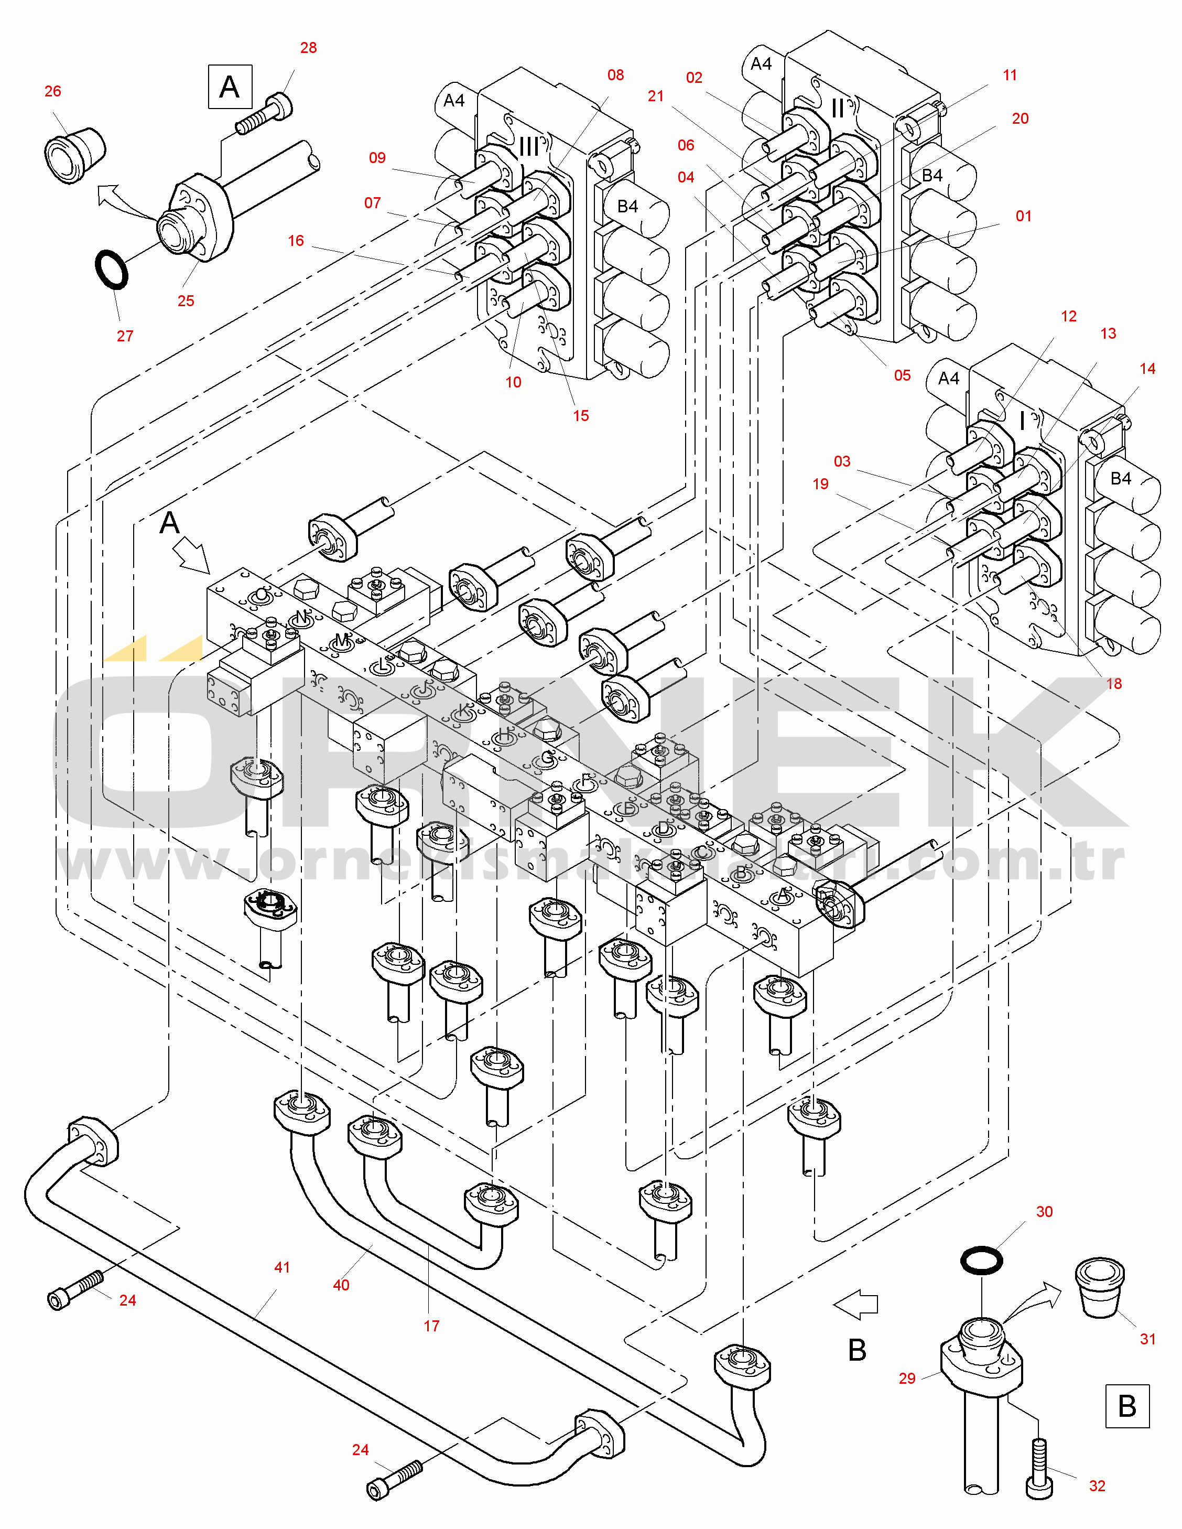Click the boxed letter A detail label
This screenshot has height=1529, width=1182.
click(x=230, y=87)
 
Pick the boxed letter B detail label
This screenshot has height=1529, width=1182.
click(x=1127, y=1406)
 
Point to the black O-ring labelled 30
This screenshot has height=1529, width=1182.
click(x=981, y=1260)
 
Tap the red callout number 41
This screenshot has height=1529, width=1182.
click(x=282, y=1267)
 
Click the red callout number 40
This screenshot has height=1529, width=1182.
click(x=341, y=1285)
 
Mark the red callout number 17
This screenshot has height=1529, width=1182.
click(x=432, y=1325)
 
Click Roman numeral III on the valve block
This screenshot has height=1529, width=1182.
click(x=529, y=146)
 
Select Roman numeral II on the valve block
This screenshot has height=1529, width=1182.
click(x=837, y=109)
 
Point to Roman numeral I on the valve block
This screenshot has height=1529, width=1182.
click(x=1023, y=421)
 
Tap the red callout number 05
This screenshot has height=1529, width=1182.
click(x=902, y=375)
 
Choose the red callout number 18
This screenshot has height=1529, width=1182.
click(x=1113, y=683)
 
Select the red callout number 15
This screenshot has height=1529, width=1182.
click(x=581, y=416)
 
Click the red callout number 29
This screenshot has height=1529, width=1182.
click(x=907, y=1378)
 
